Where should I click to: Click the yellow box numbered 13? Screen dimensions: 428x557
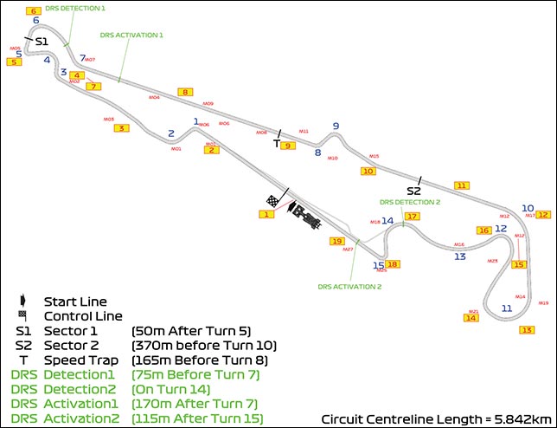tap(526, 329)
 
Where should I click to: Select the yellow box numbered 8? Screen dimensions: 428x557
tap(183, 91)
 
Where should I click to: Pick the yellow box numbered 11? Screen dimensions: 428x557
tap(462, 185)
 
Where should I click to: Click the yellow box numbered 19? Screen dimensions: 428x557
tap(337, 241)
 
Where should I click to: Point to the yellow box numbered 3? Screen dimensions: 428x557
tap(121, 128)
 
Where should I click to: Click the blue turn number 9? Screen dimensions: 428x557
tap(336, 126)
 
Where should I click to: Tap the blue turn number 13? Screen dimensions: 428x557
tap(460, 256)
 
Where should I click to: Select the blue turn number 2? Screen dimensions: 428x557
tap(172, 133)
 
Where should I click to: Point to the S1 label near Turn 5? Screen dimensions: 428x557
tap(42, 41)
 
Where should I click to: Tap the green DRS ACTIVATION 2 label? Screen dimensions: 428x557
tap(349, 286)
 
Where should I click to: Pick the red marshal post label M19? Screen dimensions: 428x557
tap(543, 303)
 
